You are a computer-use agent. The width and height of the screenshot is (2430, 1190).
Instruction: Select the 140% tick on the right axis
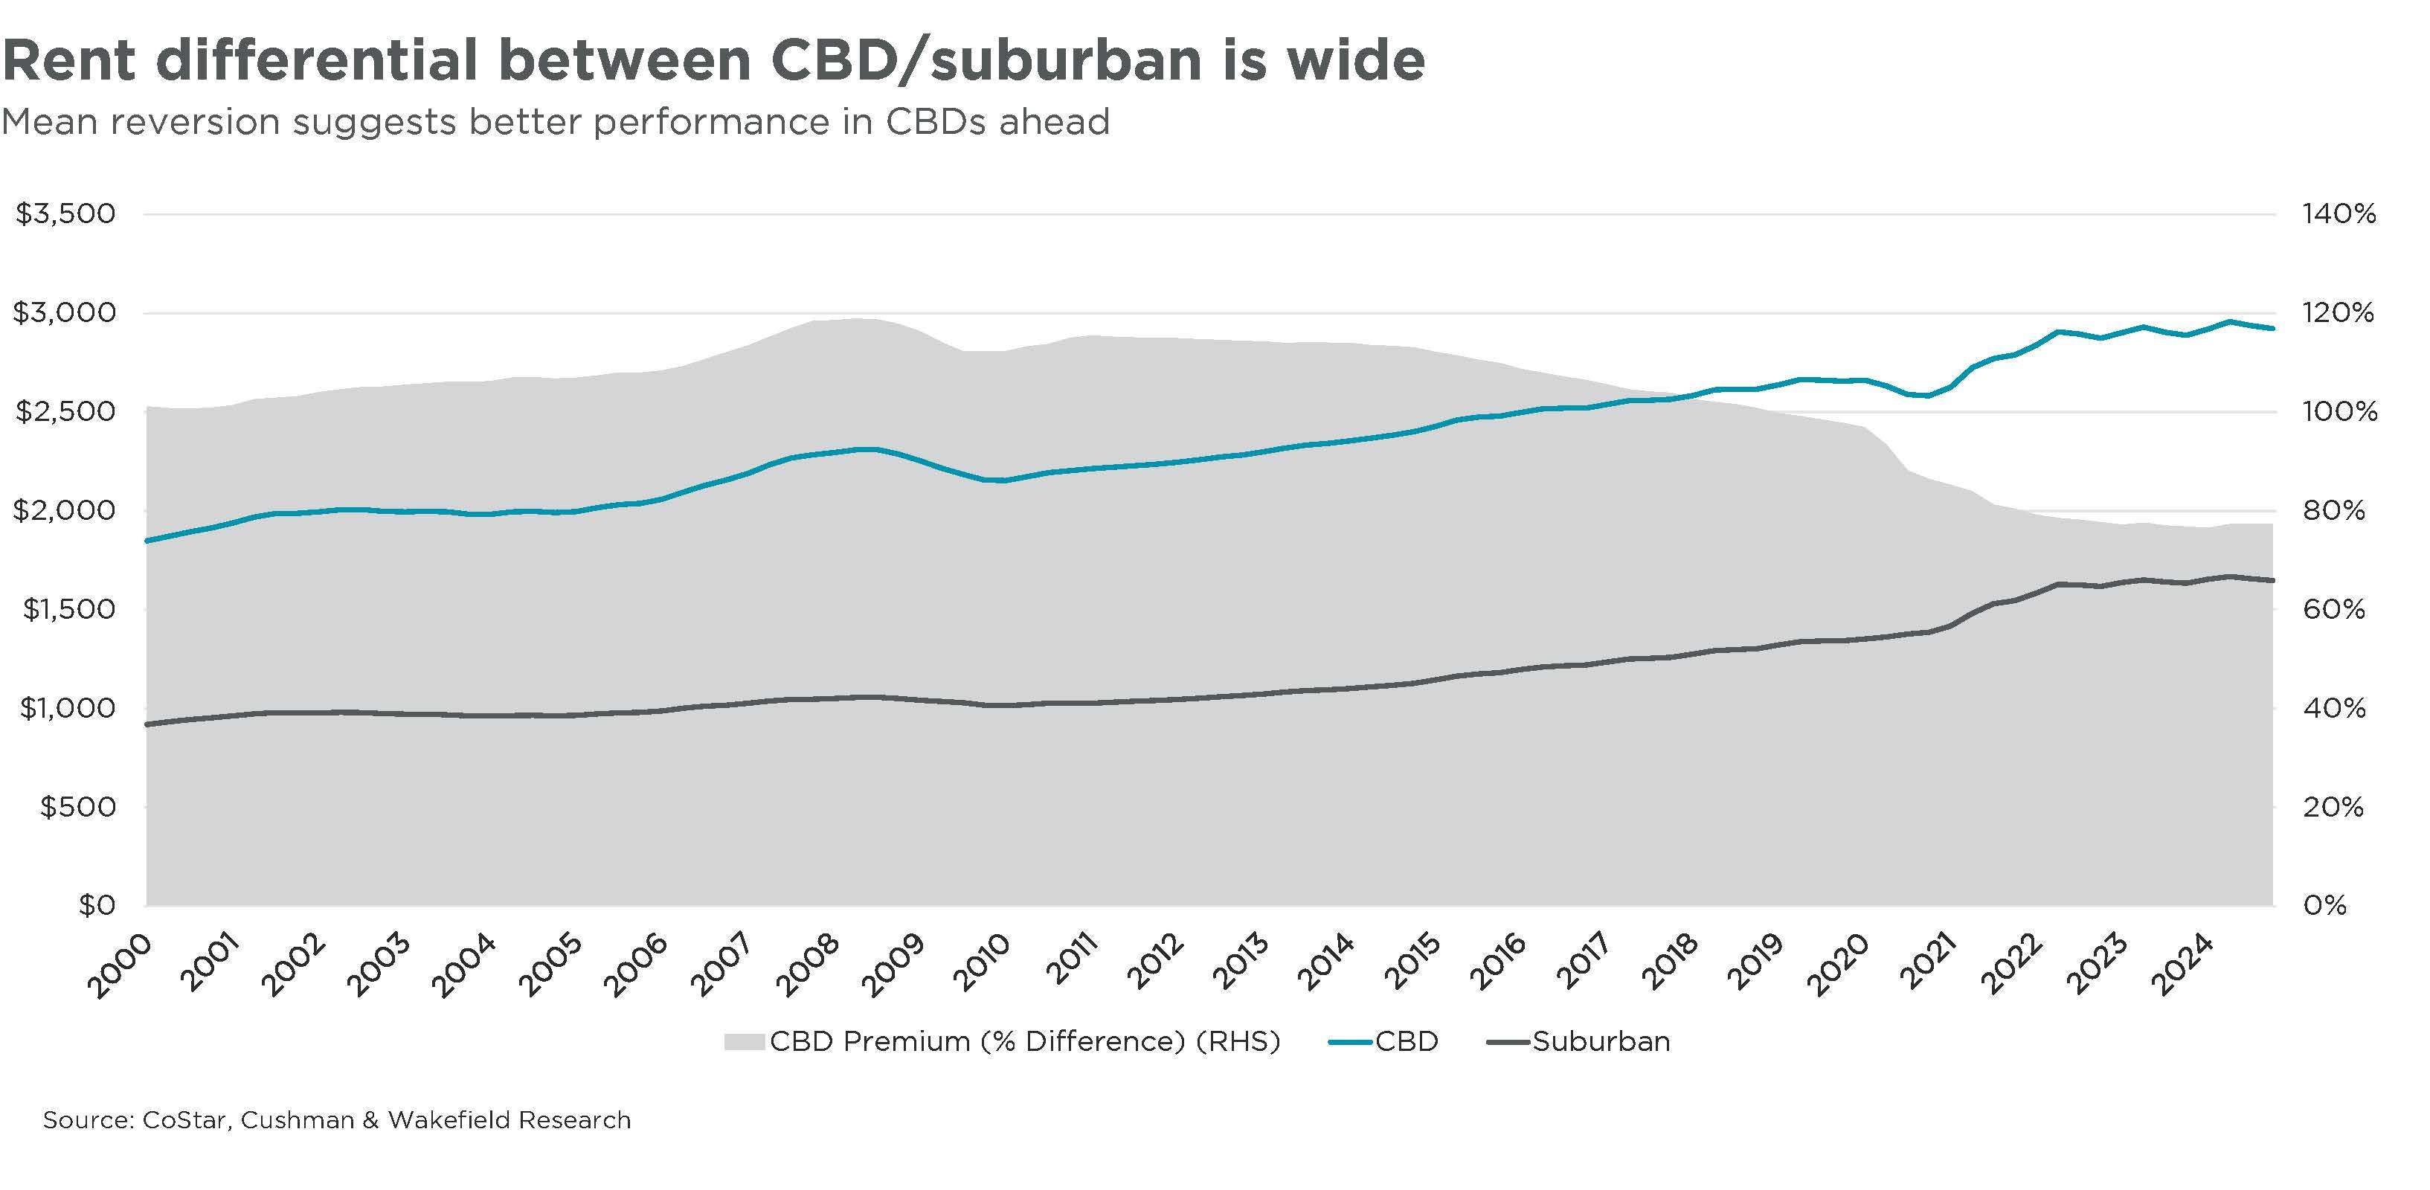pos(2339,214)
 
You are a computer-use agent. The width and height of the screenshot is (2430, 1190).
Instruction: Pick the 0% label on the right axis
pos(2324,906)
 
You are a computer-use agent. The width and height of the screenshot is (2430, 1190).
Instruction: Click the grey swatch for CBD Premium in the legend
pos(743,1042)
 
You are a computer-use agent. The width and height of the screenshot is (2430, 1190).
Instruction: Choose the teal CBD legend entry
pos(1384,1042)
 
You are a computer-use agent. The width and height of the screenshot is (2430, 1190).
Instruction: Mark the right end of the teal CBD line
pos(2273,328)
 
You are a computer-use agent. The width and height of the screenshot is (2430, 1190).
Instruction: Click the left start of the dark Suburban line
pos(147,724)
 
